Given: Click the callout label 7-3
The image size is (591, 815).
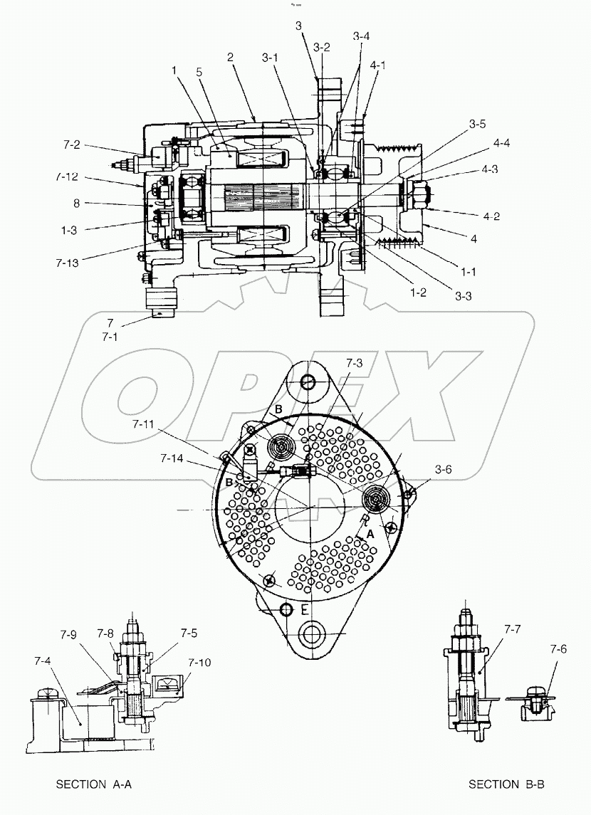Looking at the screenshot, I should pos(355,363).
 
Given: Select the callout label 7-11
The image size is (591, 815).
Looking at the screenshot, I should pos(145,424).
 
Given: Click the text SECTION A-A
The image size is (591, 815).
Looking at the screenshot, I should pos(94,784).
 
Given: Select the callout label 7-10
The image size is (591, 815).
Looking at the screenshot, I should pos(200,662).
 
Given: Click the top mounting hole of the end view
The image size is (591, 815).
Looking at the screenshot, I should pos(308,382).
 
